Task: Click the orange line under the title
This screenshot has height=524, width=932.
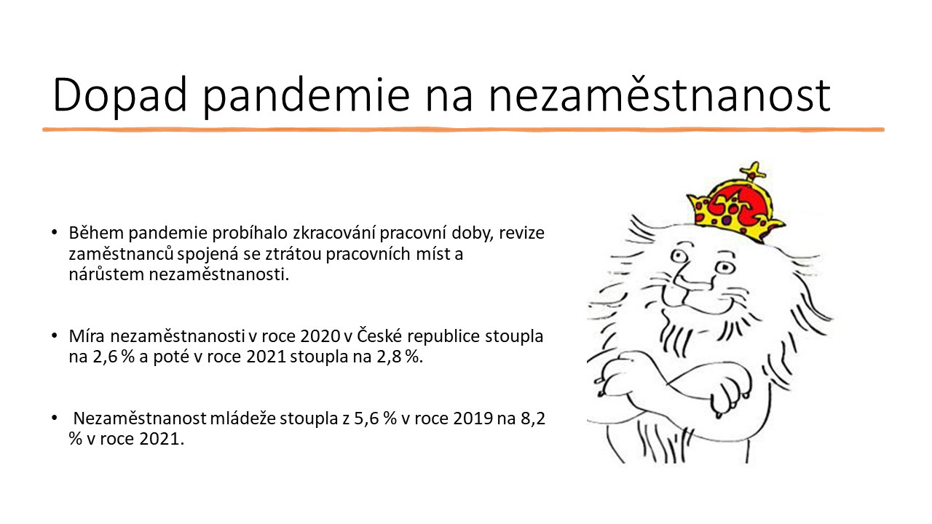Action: coord(463,130)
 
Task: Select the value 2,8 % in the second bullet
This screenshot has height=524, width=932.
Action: coord(403,357)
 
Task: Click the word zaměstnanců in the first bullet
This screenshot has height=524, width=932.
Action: coord(111,255)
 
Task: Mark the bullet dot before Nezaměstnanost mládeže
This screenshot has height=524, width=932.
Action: coord(54,420)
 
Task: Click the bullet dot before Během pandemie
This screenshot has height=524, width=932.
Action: coord(54,234)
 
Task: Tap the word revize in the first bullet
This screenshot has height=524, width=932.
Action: coord(524,234)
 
